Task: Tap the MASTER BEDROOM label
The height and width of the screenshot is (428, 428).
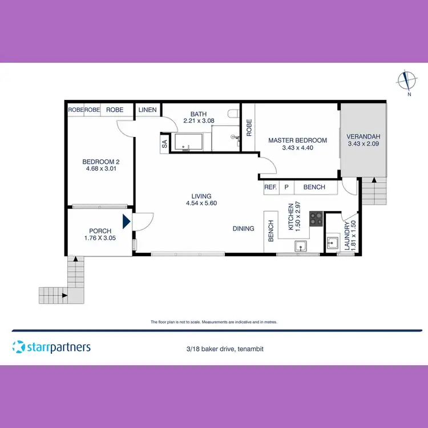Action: (297, 140)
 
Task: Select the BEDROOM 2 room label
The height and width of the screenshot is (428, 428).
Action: (100, 161)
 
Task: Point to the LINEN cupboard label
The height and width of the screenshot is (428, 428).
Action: (147, 110)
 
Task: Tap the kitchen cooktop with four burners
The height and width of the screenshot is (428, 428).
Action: (316, 218)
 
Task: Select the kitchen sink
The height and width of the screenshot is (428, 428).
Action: (300, 246)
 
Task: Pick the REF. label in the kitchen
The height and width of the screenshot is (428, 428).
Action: (270, 187)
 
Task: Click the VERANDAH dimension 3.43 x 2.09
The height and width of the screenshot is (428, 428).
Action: (363, 144)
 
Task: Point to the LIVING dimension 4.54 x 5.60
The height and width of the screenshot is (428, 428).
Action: (201, 203)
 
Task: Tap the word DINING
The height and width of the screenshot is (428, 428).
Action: (244, 229)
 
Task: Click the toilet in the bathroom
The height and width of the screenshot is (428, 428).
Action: (231, 113)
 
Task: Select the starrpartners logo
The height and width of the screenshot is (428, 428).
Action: (51, 346)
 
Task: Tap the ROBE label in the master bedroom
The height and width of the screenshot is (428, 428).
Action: (249, 127)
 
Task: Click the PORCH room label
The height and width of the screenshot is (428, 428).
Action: (100, 231)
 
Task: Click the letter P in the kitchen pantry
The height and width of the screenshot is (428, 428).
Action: (286, 187)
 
